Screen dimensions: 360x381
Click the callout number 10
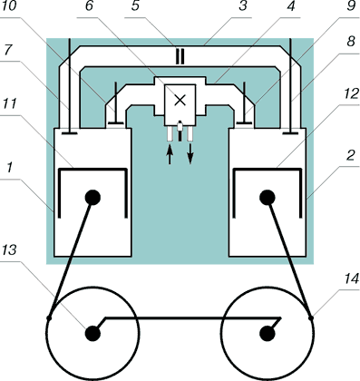click(x=8, y=6)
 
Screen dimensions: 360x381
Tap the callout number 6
click(x=89, y=6)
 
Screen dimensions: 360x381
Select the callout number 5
click(x=135, y=6)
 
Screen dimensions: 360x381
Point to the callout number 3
click(x=242, y=6)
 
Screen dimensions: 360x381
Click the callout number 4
click(x=290, y=6)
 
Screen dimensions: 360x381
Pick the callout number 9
click(x=351, y=6)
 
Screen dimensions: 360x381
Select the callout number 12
click(x=351, y=94)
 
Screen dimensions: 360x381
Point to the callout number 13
click(x=9, y=249)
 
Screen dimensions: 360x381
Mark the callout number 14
click(x=351, y=278)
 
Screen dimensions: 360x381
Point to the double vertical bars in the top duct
click(x=180, y=57)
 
